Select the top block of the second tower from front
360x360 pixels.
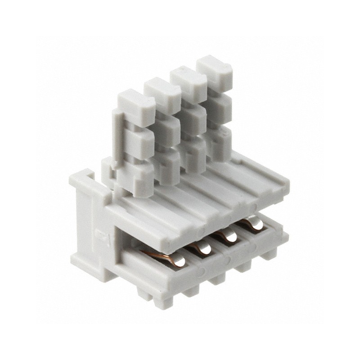click(x=162, y=94)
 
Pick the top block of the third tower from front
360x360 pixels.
click(x=189, y=83)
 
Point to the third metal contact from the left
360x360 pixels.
click(x=227, y=235)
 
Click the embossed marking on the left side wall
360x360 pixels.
click(x=99, y=234)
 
